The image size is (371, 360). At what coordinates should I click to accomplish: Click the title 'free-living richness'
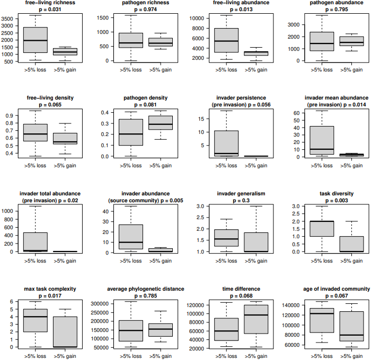click(x=50, y=3)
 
